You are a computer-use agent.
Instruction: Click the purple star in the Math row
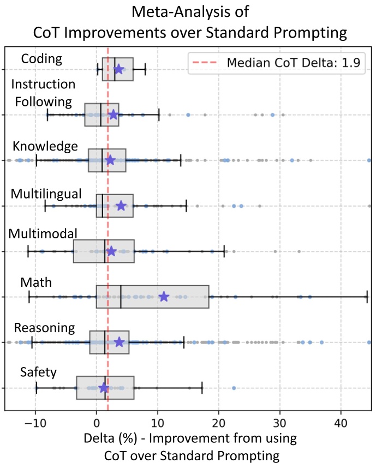[164, 297]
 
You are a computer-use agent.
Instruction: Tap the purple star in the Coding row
[118, 69]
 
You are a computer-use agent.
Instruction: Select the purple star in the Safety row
[104, 388]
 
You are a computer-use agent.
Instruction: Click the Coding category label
[40, 58]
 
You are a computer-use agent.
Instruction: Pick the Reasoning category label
[44, 328]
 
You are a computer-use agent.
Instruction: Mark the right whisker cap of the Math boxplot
[367, 297]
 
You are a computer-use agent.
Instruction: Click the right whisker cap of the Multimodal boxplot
[224, 251]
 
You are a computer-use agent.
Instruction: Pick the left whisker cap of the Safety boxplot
[37, 388]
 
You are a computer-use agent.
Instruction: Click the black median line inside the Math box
[121, 297]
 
